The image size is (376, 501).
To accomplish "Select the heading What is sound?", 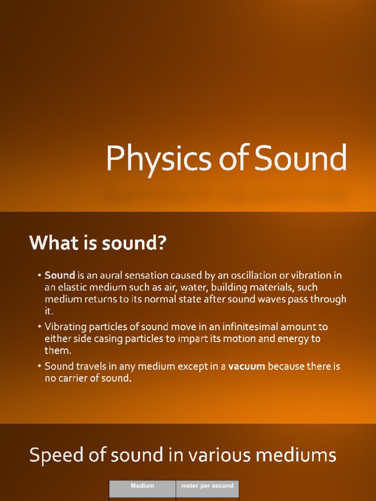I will pyautogui.click(x=98, y=243).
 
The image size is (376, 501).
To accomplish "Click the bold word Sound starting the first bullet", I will pyautogui.click(x=60, y=275).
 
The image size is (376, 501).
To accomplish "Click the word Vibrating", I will pyautogui.click(x=65, y=326).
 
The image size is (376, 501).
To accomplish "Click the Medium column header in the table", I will pyautogui.click(x=142, y=486).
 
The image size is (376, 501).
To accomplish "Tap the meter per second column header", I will pyautogui.click(x=207, y=486).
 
